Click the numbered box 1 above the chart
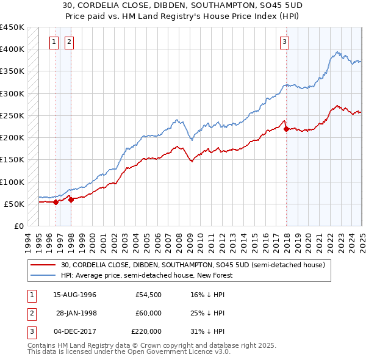point(54,42)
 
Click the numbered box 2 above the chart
point(69,42)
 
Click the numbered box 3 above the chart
point(285,42)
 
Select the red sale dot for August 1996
point(56,202)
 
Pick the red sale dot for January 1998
point(71,199)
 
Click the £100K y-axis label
point(12,182)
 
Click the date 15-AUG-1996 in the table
point(75,295)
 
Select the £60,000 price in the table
point(148,313)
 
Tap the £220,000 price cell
point(146,331)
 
